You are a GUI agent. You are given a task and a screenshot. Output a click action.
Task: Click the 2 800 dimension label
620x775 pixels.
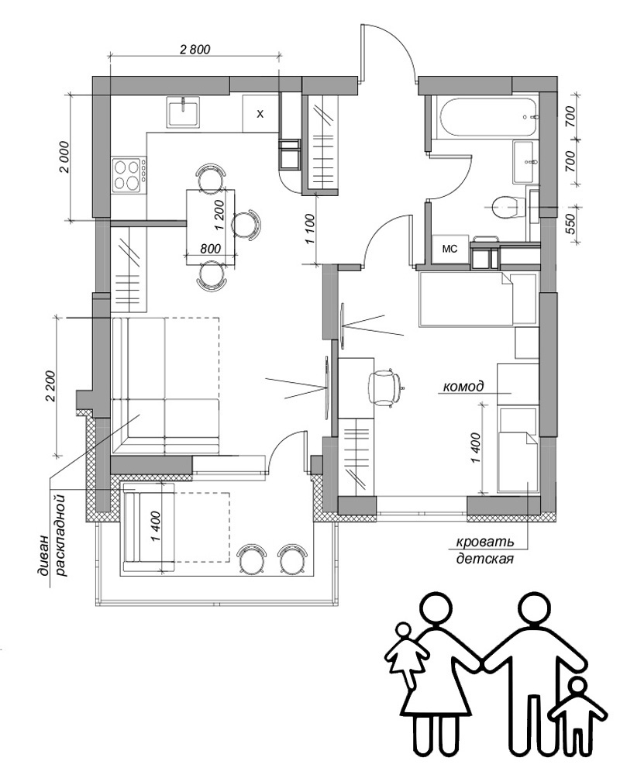coord(195,50)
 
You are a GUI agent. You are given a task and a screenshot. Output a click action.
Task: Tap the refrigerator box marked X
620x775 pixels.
coord(260,114)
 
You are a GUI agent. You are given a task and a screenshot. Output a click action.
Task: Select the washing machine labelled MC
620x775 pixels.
coord(450,250)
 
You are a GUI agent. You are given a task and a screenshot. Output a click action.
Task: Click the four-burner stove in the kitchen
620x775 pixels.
coord(129,174)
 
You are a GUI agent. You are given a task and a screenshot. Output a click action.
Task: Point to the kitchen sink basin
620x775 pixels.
coord(185,112)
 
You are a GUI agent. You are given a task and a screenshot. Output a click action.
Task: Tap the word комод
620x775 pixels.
coord(463,386)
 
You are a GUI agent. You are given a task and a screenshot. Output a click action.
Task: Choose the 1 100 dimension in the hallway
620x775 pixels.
coord(311,229)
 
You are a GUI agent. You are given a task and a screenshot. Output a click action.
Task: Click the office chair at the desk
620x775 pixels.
coord(386,385)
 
